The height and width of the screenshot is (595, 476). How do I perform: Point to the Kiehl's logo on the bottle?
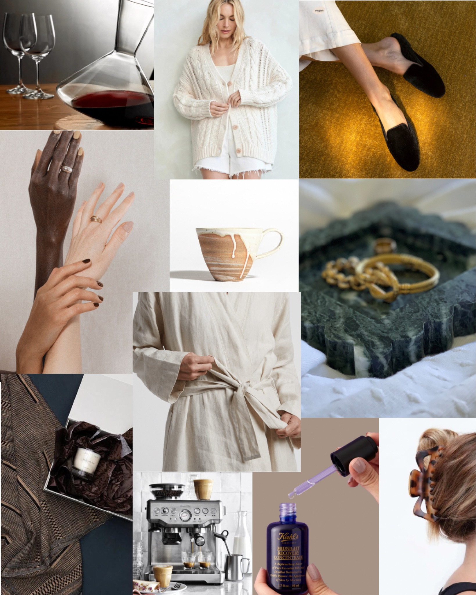tap(288, 534)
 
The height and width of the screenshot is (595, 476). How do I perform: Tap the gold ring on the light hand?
tap(96, 219)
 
